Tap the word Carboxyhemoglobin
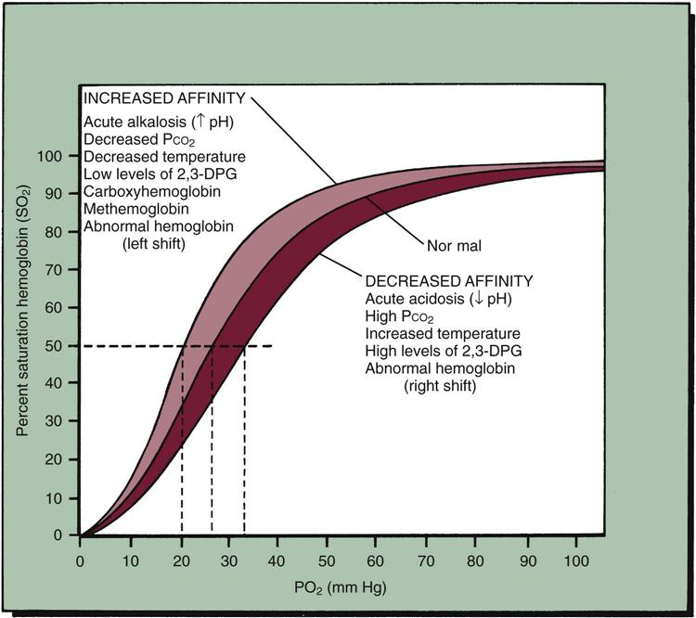139,191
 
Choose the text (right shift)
439,385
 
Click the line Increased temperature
442,333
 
